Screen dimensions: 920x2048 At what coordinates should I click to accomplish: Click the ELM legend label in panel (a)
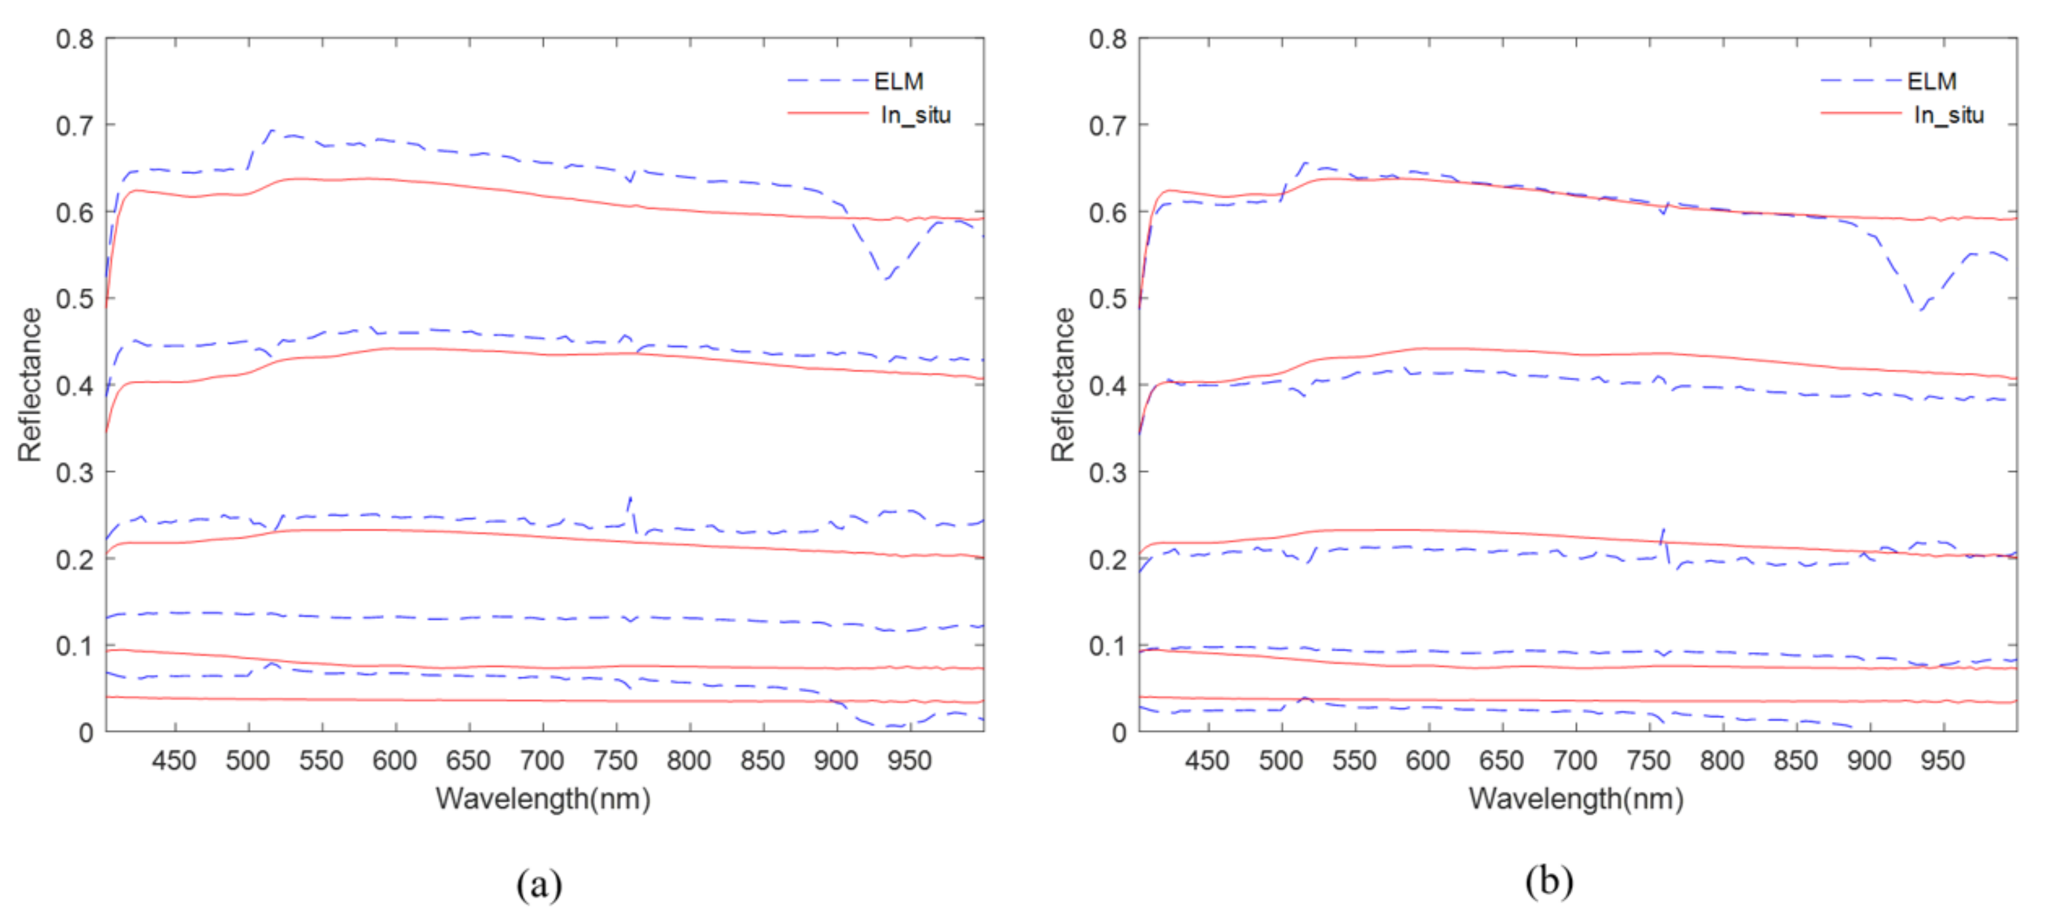pyautogui.click(x=899, y=81)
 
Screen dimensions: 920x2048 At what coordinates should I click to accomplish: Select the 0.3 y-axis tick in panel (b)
pyautogui.click(x=1108, y=472)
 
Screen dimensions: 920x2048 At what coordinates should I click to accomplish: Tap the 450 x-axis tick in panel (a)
pyautogui.click(x=174, y=761)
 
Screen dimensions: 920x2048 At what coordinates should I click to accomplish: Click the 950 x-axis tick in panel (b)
pyautogui.click(x=1942, y=761)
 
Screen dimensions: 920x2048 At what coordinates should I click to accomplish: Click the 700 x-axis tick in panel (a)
pyautogui.click(x=542, y=761)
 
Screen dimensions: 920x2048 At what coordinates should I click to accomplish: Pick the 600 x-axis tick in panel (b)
pyautogui.click(x=1428, y=761)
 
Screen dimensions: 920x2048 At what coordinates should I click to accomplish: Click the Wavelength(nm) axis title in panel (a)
pyautogui.click(x=543, y=798)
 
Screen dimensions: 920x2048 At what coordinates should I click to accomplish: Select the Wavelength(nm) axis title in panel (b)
pyautogui.click(x=1576, y=798)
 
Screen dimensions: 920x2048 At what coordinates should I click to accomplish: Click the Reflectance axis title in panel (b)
pyautogui.click(x=1063, y=385)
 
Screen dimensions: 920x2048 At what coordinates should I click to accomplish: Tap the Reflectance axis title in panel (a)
pyautogui.click(x=30, y=385)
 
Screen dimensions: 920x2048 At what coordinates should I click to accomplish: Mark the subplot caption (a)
pyautogui.click(x=539, y=883)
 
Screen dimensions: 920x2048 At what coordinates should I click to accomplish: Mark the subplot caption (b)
pyautogui.click(x=1549, y=881)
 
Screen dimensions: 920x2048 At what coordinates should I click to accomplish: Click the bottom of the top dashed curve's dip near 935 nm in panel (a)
pyautogui.click(x=887, y=278)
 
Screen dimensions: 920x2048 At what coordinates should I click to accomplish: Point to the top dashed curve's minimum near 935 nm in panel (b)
pyautogui.click(x=1919, y=309)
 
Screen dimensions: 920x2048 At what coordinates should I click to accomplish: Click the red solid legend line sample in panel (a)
pyautogui.click(x=827, y=114)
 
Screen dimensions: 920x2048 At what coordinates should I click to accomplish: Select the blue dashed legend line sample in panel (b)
pyautogui.click(x=1861, y=80)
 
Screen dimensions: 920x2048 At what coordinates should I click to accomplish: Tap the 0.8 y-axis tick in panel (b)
pyautogui.click(x=1108, y=39)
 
